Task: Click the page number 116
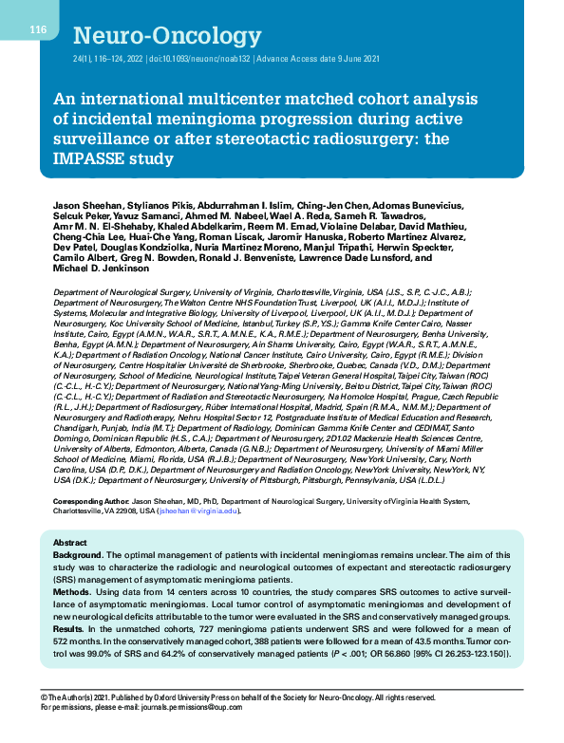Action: coord(38,30)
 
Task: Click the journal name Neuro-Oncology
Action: coord(153,37)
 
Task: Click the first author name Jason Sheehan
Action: coord(85,205)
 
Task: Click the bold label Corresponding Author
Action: coord(91,500)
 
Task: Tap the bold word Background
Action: coord(79,554)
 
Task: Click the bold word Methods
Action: coord(72,589)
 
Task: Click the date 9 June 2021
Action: coord(353,58)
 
